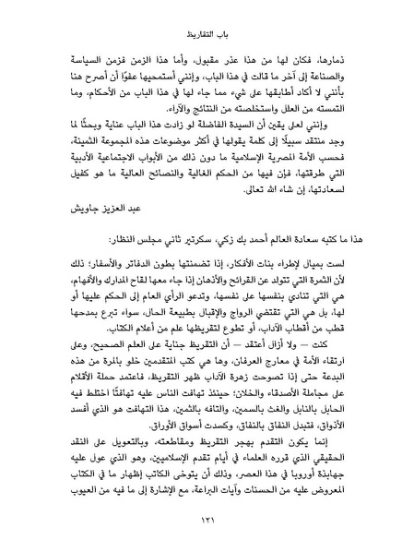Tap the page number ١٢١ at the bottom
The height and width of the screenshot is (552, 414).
point(207,519)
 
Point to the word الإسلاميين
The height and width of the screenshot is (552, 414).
point(172,470)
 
